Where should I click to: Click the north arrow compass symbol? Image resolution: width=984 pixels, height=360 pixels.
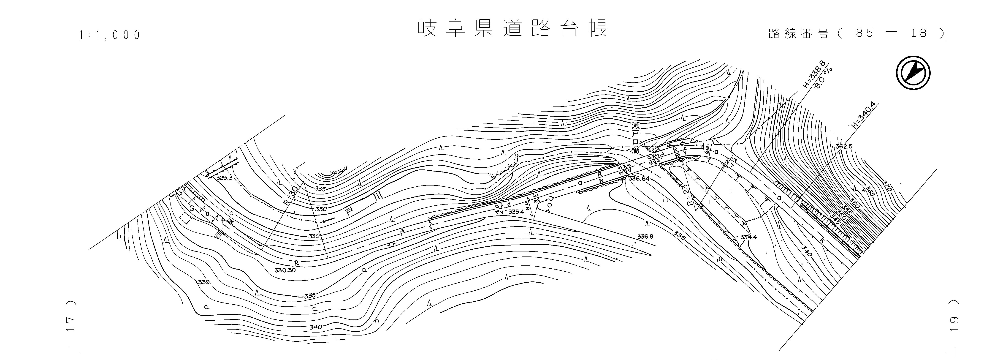tap(913, 73)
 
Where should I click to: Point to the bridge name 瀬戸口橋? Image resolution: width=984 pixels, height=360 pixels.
tap(635, 138)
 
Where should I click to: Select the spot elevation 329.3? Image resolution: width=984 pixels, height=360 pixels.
tap(224, 178)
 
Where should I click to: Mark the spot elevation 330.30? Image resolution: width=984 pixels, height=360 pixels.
tap(285, 270)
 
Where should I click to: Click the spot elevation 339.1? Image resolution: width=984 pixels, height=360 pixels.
tap(206, 282)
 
